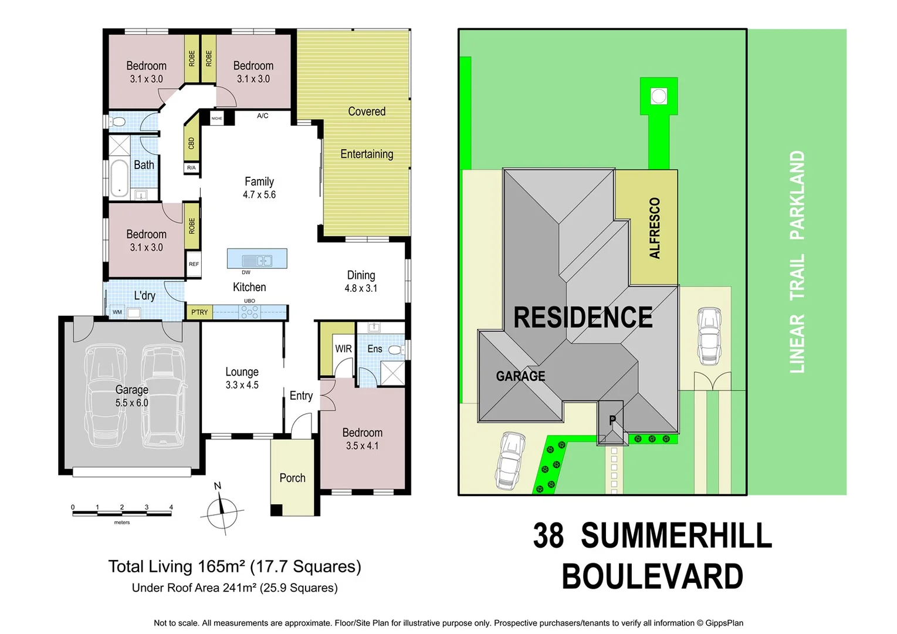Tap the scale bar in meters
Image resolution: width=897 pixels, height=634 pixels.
click(x=122, y=514)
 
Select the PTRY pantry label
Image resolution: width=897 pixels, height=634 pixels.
click(x=199, y=312)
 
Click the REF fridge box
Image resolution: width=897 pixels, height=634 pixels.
click(x=194, y=264)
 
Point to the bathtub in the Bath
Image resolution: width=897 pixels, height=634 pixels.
click(x=120, y=178)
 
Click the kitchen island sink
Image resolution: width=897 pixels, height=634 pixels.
click(x=257, y=260)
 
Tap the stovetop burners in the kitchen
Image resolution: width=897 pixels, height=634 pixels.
click(x=249, y=312)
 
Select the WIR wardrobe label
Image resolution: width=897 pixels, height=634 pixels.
click(x=343, y=349)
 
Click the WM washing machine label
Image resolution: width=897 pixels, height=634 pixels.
click(x=117, y=312)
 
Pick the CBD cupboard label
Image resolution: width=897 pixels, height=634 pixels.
click(x=191, y=143)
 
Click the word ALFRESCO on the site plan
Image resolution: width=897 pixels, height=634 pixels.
click(x=655, y=228)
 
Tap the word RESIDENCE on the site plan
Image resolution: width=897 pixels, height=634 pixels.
click(x=583, y=318)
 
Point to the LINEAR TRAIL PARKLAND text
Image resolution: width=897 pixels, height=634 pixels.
click(x=797, y=262)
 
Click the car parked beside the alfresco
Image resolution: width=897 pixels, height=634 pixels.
click(x=709, y=336)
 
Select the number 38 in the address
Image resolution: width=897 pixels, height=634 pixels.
click(x=548, y=535)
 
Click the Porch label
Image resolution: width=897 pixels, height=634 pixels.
click(x=292, y=478)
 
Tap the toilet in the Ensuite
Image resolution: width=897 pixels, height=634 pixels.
click(x=395, y=350)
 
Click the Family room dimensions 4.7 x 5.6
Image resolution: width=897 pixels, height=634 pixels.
click(x=259, y=195)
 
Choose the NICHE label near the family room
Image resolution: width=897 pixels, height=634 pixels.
click(x=217, y=119)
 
